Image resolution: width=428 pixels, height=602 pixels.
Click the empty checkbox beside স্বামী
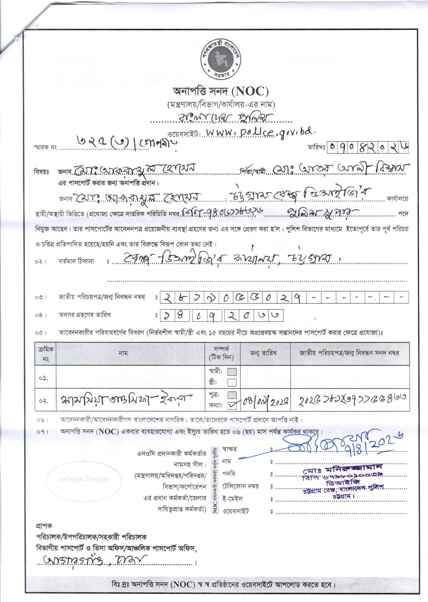coord(232,371)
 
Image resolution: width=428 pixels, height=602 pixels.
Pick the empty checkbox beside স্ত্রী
coord(232,382)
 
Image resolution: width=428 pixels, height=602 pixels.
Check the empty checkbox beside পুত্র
coord(232,402)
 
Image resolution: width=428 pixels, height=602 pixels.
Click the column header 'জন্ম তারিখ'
coord(265,353)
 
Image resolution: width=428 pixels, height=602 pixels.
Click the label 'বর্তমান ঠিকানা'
coord(76,262)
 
